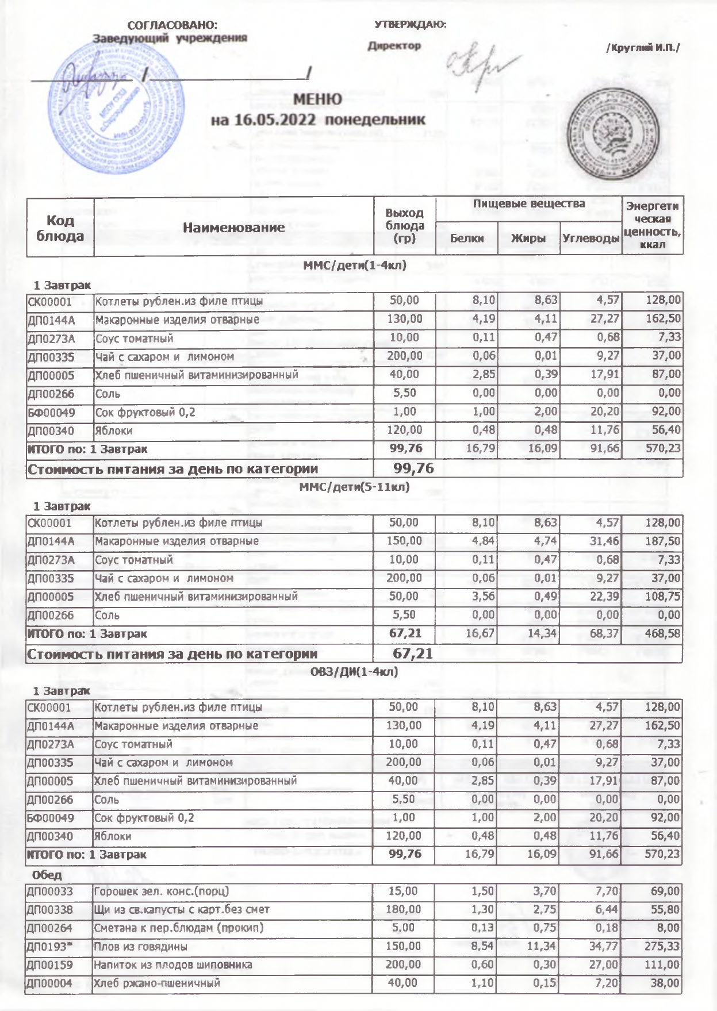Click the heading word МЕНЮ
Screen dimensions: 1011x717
point(317,99)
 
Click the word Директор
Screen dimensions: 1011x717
point(394,45)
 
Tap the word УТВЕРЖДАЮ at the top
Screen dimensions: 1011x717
point(410,24)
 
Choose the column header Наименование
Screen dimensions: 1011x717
point(233,228)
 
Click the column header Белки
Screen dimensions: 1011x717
point(466,239)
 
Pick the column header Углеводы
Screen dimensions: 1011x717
point(591,239)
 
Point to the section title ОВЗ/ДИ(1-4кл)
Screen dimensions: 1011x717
point(354,671)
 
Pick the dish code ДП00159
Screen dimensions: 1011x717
point(51,964)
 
